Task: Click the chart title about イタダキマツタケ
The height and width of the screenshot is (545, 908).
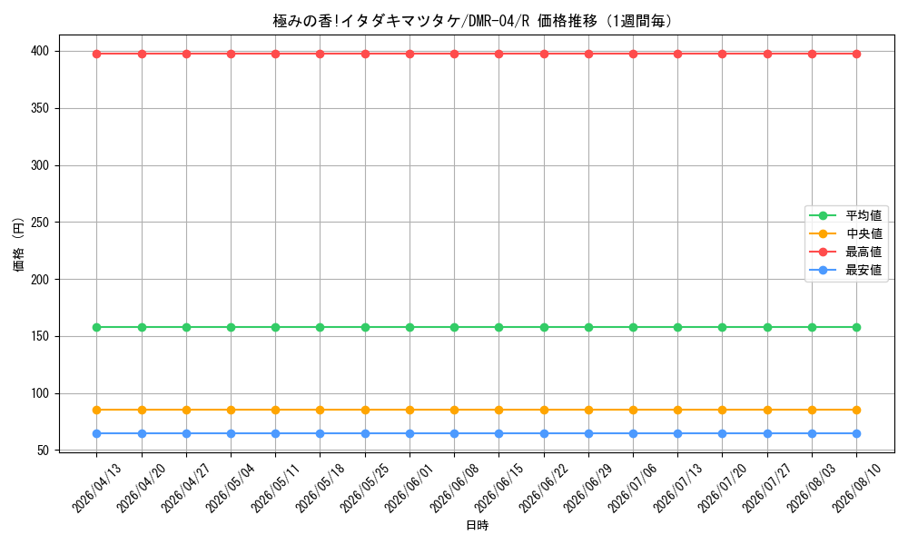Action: click(473, 22)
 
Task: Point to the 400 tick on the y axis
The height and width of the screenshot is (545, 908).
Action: click(40, 52)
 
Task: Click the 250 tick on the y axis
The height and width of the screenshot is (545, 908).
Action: click(40, 223)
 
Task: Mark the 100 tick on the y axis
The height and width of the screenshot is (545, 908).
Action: click(40, 394)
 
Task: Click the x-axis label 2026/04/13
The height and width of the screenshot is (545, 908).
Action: click(97, 488)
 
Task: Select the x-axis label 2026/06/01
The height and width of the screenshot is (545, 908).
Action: click(410, 488)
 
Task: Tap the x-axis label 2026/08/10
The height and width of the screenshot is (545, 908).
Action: click(856, 488)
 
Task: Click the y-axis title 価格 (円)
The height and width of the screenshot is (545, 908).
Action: click(18, 244)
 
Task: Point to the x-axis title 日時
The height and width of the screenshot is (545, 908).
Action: click(478, 525)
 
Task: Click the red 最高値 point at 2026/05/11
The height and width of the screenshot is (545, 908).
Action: click(276, 54)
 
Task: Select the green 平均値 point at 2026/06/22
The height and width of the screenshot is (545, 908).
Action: click(544, 327)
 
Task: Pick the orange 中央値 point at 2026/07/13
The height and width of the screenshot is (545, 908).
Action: click(677, 410)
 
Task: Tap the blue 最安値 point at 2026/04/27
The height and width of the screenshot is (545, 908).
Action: click(186, 434)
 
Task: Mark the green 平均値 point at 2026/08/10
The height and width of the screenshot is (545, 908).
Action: click(856, 327)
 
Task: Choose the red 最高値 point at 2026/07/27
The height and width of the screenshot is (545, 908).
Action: click(767, 54)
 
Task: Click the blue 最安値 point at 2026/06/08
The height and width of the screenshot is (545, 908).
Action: click(455, 434)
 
